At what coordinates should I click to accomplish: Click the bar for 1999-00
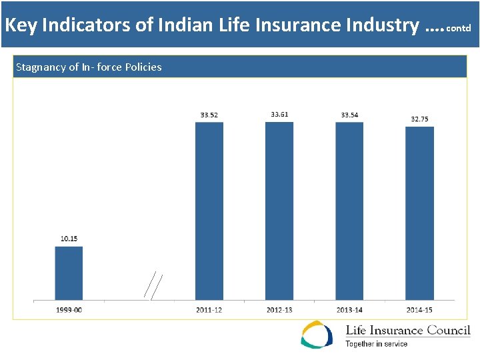tap(69, 273)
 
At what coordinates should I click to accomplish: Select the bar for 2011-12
tap(209, 211)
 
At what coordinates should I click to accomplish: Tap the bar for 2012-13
tap(279, 211)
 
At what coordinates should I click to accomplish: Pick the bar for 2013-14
tap(349, 211)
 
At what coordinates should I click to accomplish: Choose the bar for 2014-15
tap(419, 213)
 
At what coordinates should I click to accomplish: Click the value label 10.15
tap(69, 239)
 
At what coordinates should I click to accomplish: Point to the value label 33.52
tap(209, 115)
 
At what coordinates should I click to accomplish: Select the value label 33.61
tap(279, 114)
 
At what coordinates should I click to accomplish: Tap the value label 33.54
tap(349, 115)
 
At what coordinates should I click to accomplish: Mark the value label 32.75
tap(419, 119)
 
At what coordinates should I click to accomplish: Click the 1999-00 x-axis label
tap(69, 310)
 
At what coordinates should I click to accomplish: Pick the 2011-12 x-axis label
tap(209, 310)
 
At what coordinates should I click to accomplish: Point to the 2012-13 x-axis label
tap(279, 310)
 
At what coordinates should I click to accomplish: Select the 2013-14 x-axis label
tap(349, 310)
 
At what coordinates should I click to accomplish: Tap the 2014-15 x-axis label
tap(419, 310)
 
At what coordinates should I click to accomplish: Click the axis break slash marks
tap(153, 285)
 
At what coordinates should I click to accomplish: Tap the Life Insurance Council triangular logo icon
tap(317, 335)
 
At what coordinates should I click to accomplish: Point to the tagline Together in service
tap(376, 344)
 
